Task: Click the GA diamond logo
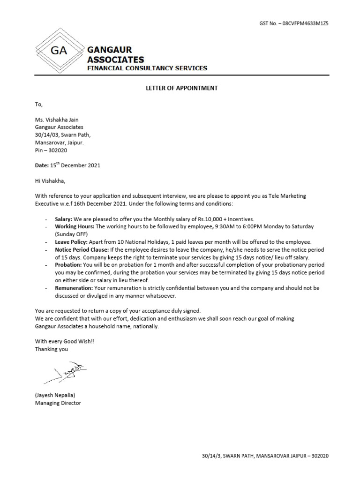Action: click(x=59, y=51)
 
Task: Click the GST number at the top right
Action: click(x=294, y=23)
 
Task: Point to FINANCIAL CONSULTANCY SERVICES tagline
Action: click(x=147, y=68)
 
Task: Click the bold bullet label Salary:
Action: click(x=64, y=219)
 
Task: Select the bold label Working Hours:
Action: click(x=75, y=226)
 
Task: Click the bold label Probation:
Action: click(x=68, y=265)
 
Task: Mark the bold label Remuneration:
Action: click(x=74, y=288)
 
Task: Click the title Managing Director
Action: click(x=58, y=403)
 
